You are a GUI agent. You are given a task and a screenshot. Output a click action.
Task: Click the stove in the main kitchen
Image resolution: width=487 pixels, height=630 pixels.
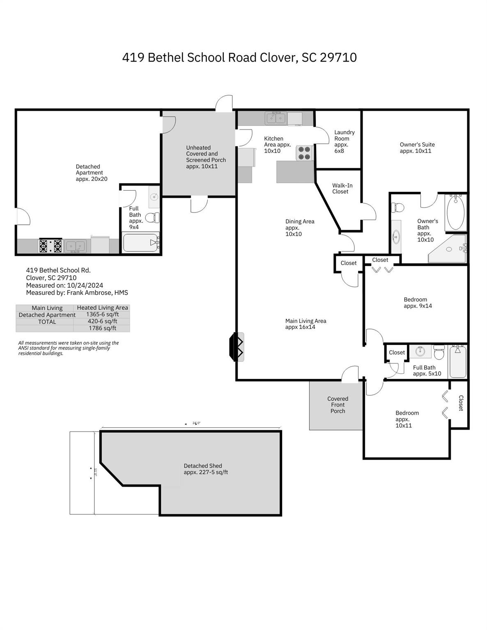(305, 153)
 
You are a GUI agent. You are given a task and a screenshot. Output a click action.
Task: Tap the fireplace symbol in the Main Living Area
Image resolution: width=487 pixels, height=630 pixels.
(237, 347)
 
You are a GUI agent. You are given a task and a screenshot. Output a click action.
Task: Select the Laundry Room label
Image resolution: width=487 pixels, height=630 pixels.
(344, 142)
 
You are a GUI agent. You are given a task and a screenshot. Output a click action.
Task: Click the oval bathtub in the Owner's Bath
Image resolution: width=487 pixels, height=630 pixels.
(456, 212)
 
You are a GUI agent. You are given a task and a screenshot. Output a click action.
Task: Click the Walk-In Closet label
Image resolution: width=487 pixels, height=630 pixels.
(342, 189)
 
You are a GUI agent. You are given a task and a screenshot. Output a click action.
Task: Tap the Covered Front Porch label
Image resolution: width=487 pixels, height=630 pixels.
(338, 405)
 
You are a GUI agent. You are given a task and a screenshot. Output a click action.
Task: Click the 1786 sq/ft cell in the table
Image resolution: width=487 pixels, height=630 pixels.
(102, 328)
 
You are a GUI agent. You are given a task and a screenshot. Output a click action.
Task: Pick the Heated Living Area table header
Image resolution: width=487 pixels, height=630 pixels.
(102, 308)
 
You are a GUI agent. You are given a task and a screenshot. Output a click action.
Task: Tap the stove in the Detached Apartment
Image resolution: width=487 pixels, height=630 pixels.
(50, 246)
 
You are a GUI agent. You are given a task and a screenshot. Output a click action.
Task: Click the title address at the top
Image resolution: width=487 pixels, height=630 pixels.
(239, 57)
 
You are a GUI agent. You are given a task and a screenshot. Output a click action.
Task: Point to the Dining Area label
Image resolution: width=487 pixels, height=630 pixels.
(299, 228)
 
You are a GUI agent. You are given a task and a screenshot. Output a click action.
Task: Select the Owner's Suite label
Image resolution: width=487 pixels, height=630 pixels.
(417, 148)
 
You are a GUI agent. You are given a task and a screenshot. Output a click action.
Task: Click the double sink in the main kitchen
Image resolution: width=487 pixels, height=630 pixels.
(276, 118)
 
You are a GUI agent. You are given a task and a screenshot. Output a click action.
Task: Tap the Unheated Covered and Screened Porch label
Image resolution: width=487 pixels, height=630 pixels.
(206, 157)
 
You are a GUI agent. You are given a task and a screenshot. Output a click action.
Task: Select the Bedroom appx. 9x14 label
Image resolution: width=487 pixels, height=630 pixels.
(418, 303)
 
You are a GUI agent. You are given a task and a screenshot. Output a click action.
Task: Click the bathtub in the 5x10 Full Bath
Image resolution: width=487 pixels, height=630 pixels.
(457, 361)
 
